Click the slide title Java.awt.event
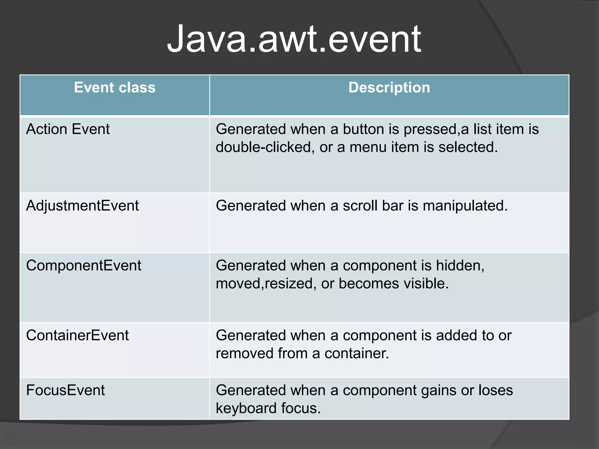[294, 39]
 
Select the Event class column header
[115, 88]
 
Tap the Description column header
[389, 88]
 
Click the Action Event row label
[68, 129]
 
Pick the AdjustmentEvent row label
[82, 205]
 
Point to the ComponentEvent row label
[84, 266]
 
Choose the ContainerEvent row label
[78, 335]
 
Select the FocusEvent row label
[66, 390]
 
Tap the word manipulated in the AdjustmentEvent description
[465, 205]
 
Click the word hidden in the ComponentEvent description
[460, 266]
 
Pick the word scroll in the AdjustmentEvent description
[359, 205]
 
